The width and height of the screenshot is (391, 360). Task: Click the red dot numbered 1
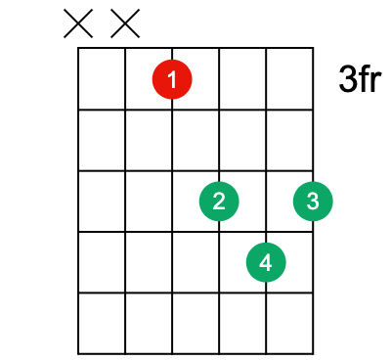pos(172,79)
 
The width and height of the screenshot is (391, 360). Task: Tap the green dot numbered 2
pos(219,201)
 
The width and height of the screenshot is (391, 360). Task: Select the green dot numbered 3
pos(312,201)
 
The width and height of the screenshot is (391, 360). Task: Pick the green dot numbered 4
pos(266,261)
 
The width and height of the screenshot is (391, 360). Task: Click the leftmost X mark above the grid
pos(78,22)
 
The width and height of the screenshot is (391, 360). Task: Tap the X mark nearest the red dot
pos(125,22)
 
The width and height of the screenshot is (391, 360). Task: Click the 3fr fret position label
pos(359,79)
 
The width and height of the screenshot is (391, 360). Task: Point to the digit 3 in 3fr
pos(347,79)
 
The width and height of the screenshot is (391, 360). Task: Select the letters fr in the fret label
pos(369,79)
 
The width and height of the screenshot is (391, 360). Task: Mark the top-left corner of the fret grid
pos(79,47)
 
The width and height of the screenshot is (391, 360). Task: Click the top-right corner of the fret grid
pos(313,47)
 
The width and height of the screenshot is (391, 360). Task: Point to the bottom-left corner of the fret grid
pos(79,353)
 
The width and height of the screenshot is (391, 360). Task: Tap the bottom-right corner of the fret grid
pos(313,353)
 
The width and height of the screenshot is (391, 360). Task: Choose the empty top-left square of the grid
pos(102,78)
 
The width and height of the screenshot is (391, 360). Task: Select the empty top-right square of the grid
pos(289,78)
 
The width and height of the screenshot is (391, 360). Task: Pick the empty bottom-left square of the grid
pos(102,323)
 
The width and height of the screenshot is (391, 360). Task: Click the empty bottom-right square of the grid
pos(289,323)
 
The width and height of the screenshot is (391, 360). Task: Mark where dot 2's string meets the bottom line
pos(219,353)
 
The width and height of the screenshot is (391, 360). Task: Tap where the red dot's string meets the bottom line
pos(172,353)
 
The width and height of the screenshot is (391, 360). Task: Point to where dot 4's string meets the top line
pos(266,47)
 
